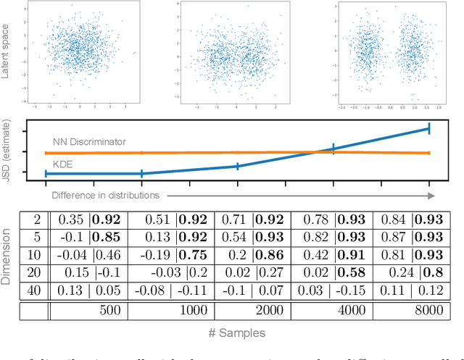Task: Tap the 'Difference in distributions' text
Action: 105,196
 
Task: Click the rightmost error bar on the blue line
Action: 429,129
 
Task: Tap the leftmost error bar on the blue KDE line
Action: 46,174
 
